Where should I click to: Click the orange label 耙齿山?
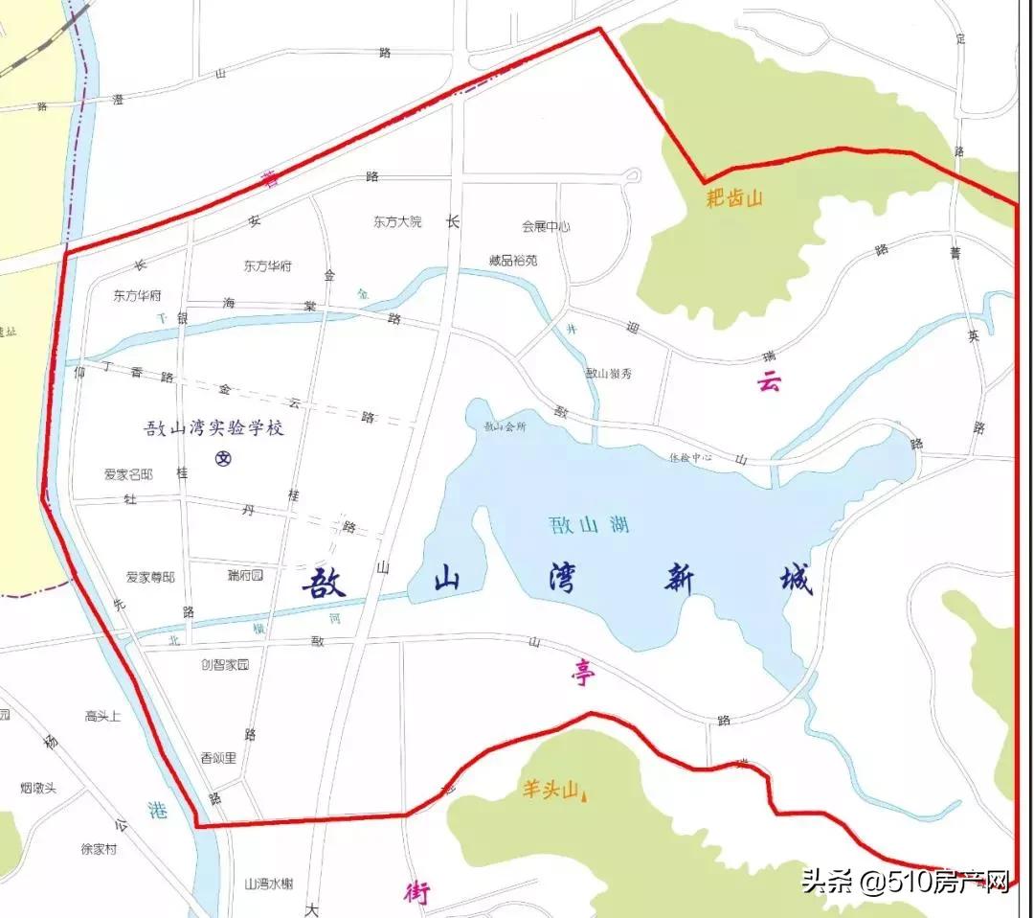click(734, 198)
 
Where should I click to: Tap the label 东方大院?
click(397, 221)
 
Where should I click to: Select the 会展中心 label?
click(546, 227)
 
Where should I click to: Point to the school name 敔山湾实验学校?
click(214, 428)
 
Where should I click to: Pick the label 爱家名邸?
click(128, 474)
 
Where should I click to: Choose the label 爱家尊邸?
click(150, 577)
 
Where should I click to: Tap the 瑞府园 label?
click(245, 575)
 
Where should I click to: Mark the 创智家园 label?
click(225, 664)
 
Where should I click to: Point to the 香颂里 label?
click(218, 757)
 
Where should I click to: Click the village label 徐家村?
click(99, 849)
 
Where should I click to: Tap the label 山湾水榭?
click(268, 884)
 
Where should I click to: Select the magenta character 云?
click(769, 382)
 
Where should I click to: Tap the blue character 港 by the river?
click(158, 810)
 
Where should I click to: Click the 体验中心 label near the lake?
click(690, 457)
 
